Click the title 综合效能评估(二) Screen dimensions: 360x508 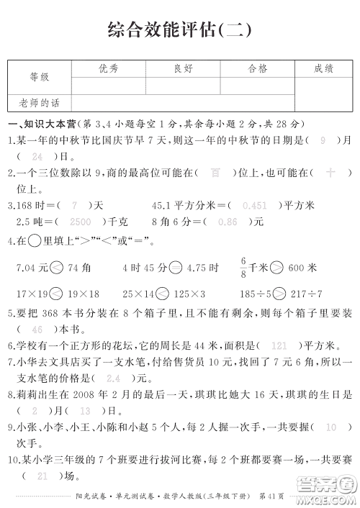pos(180,30)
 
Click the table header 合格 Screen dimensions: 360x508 pos(257,68)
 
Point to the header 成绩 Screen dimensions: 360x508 pos(323,68)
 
